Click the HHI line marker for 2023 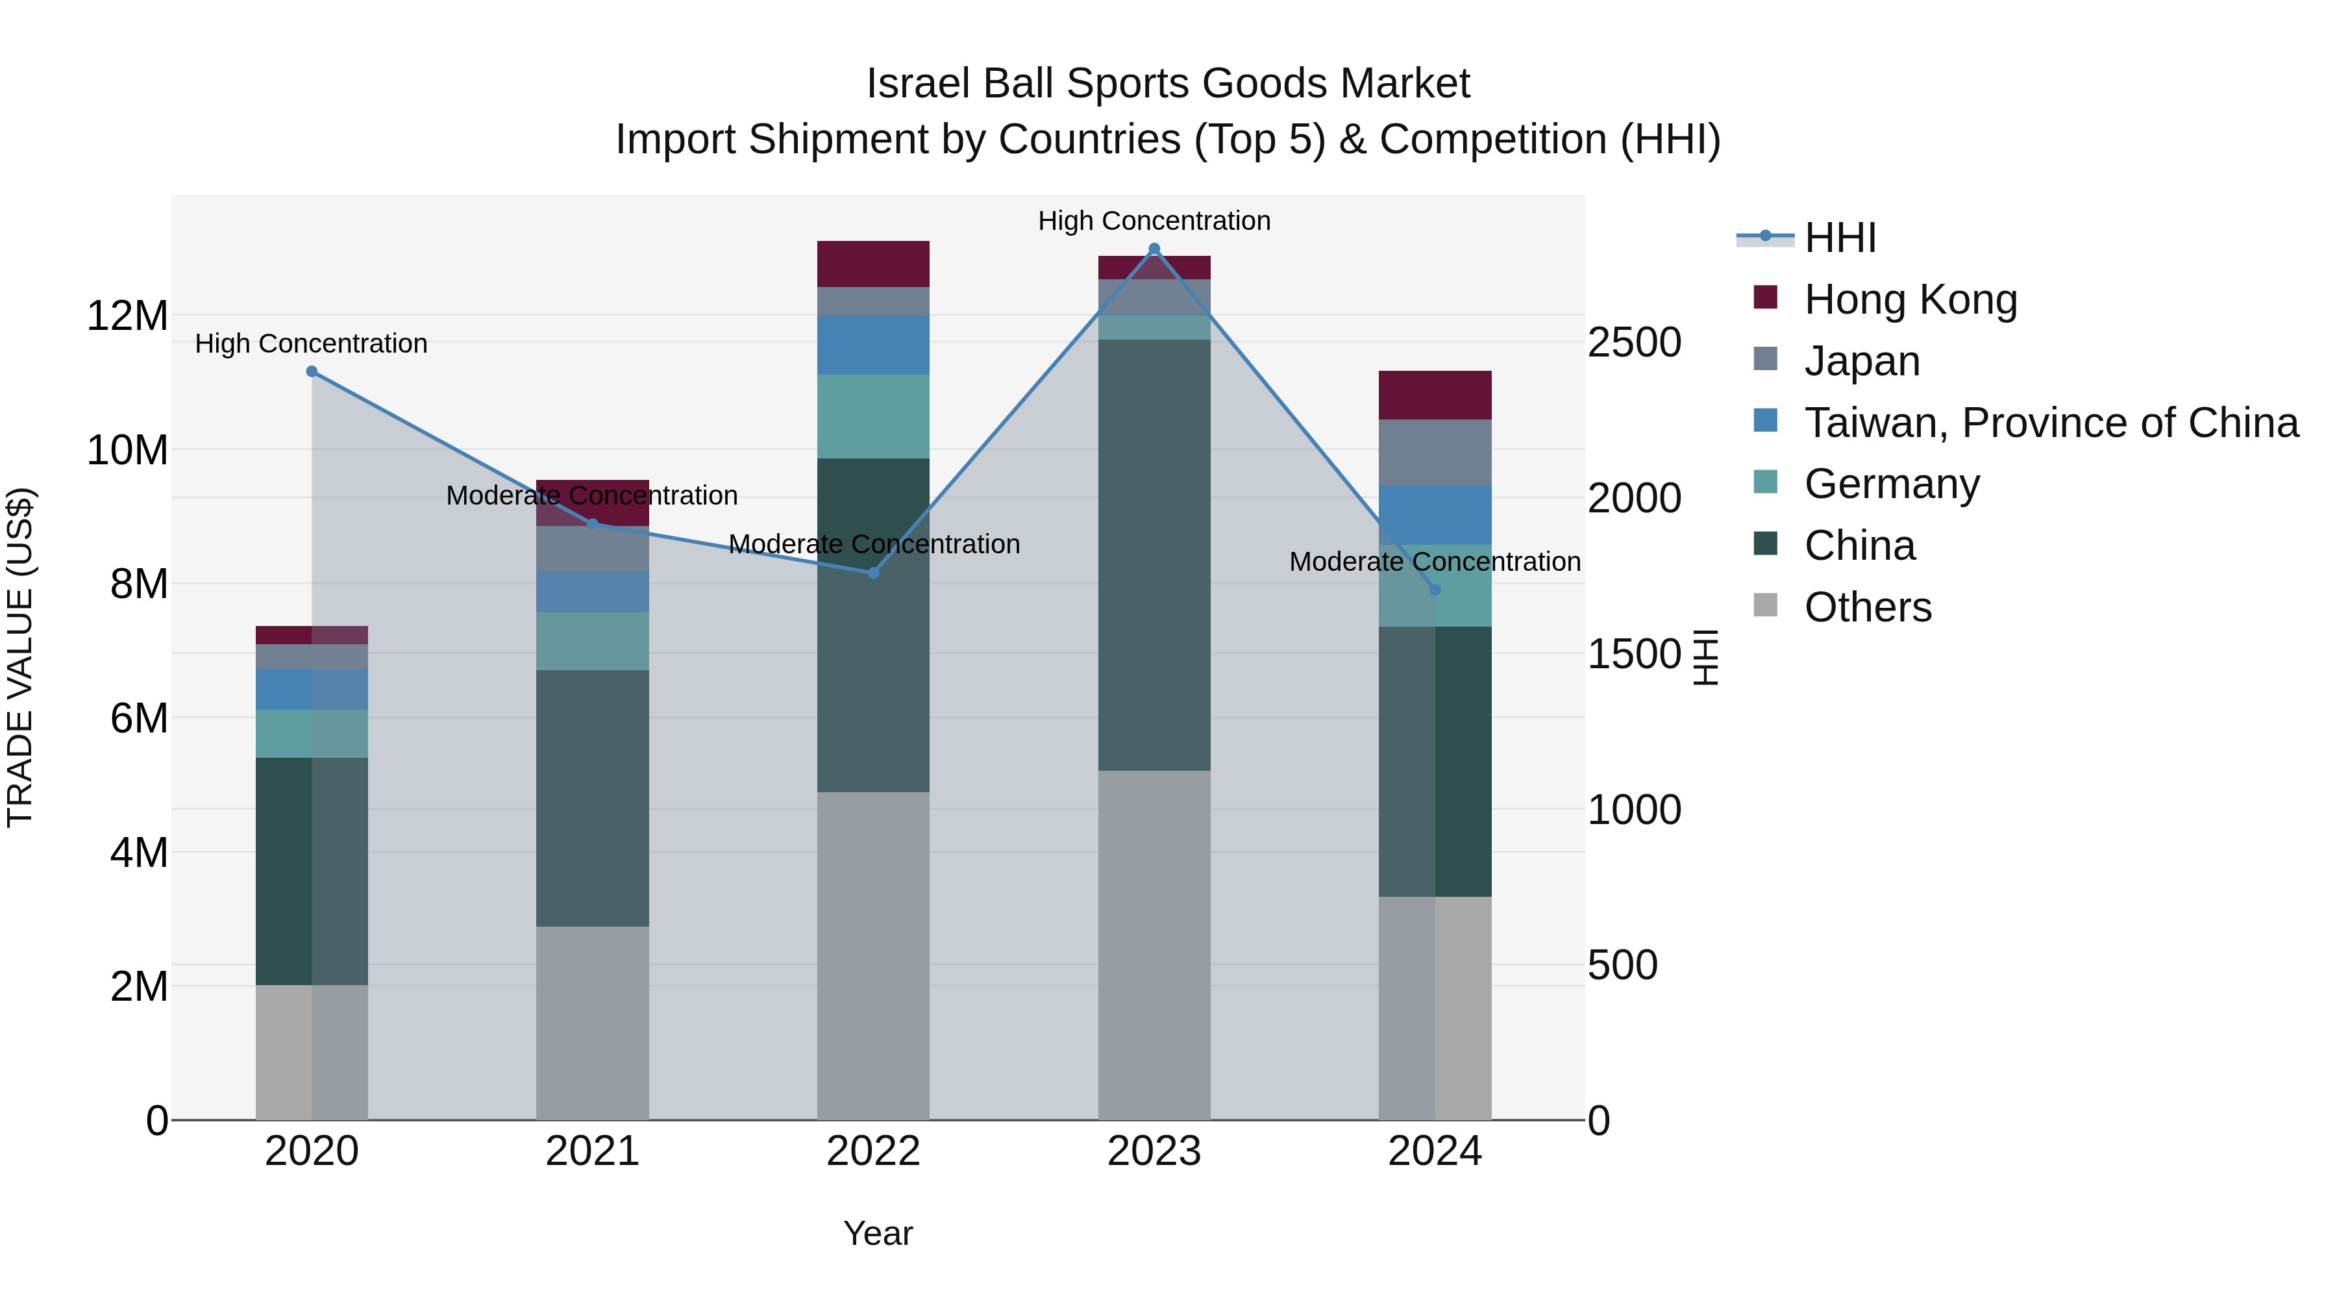[1154, 249]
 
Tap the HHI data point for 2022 [872, 573]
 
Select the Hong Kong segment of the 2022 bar [872, 264]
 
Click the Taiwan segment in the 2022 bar [872, 345]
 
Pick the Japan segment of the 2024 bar [1434, 452]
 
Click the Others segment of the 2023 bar [1154, 944]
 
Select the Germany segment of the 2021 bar [593, 641]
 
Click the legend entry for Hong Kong [1910, 299]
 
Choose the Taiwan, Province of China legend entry [2050, 423]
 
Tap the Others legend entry [1867, 607]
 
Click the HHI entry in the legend [1839, 238]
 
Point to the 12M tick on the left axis [127, 316]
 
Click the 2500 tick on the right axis [1634, 343]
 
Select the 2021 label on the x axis [593, 1151]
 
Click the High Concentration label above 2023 [1154, 221]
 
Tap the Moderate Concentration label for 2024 [1434, 562]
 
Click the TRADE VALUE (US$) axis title [20, 657]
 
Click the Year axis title [877, 1233]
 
